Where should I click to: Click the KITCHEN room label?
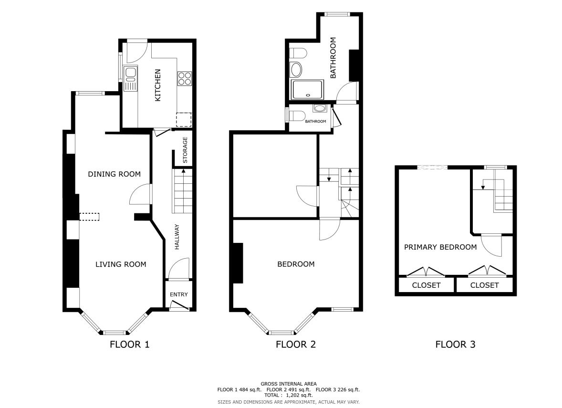pyautogui.click(x=158, y=85)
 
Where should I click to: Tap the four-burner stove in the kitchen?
pyautogui.click(x=185, y=79)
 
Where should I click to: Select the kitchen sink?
pyautogui.click(x=130, y=78)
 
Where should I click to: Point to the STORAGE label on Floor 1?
pyautogui.click(x=185, y=150)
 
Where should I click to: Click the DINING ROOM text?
pyautogui.click(x=114, y=174)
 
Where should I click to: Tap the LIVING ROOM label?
pyautogui.click(x=121, y=264)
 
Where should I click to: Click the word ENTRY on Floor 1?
pyautogui.click(x=179, y=294)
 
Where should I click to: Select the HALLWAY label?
pyautogui.click(x=177, y=237)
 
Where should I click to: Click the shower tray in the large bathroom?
pyautogui.click(x=308, y=90)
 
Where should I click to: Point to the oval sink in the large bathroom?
pyautogui.click(x=296, y=69)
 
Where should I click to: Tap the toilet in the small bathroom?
pyautogui.click(x=297, y=115)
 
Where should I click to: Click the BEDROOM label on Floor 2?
pyautogui.click(x=296, y=264)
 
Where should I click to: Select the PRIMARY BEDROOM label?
pyautogui.click(x=440, y=247)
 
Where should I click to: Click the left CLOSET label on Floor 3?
pyautogui.click(x=426, y=285)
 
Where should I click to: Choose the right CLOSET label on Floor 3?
pyautogui.click(x=485, y=285)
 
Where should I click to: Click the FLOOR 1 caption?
pyautogui.click(x=129, y=345)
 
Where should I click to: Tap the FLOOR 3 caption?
pyautogui.click(x=455, y=345)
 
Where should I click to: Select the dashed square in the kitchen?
pyautogui.click(x=184, y=120)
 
